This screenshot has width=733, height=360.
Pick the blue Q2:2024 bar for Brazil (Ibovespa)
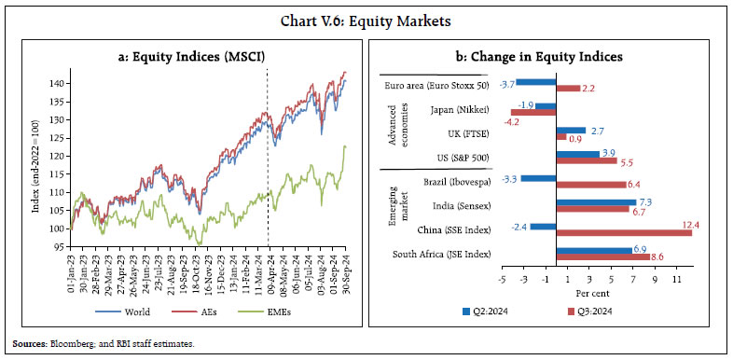tap(537, 177)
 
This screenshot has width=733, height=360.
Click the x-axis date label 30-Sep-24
tap(344, 272)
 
